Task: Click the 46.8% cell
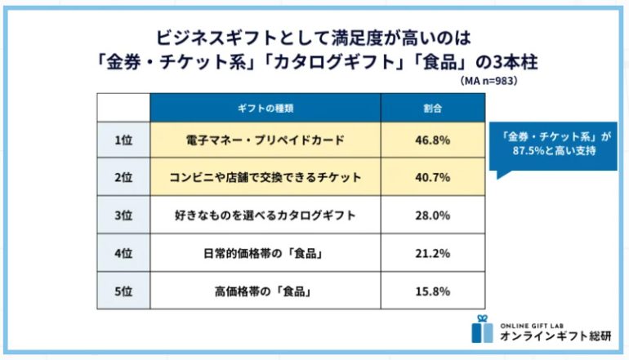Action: point(433,140)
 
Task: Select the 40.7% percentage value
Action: point(433,177)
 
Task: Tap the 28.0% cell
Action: point(433,216)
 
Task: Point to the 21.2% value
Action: point(433,254)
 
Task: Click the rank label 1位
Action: point(123,140)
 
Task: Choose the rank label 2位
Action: point(123,177)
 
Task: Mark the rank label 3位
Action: point(123,216)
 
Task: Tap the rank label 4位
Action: point(123,254)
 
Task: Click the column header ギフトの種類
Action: point(265,108)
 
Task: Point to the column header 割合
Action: point(433,108)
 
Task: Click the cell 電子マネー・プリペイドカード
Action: point(265,140)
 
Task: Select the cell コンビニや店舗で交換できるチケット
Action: point(265,177)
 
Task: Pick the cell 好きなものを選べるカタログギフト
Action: point(265,216)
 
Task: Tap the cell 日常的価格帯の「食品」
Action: point(265,254)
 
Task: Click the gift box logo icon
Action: point(482,328)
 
